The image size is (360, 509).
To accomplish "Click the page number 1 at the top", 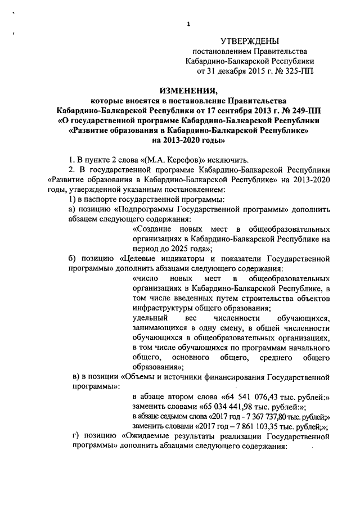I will tap(189, 24).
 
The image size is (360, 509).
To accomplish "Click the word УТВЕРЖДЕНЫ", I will tap(249, 40).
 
